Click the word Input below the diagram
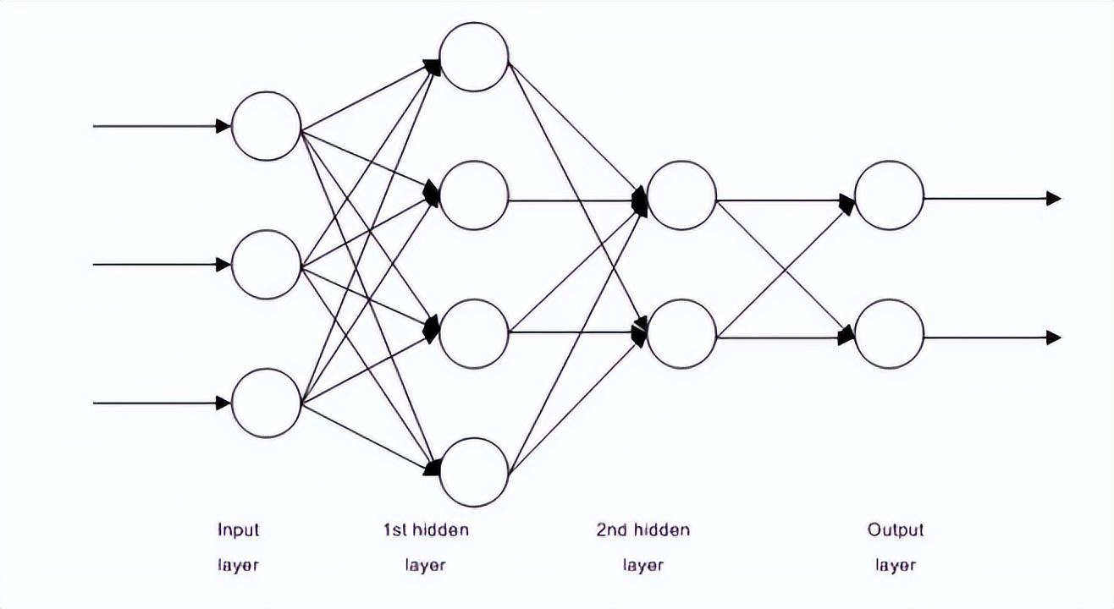(239, 530)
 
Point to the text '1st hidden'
(426, 529)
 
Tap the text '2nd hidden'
(643, 529)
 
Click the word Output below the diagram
(896, 530)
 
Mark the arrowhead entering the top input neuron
(223, 126)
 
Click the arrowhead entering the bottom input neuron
(223, 403)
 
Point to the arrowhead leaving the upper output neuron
(1054, 199)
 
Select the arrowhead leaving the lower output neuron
(1054, 337)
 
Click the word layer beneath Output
(896, 565)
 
